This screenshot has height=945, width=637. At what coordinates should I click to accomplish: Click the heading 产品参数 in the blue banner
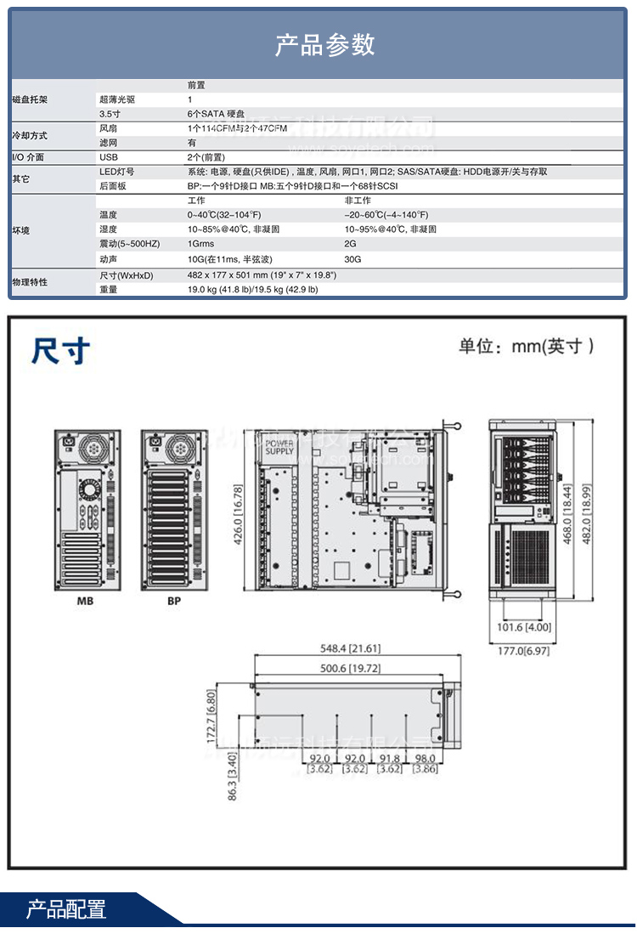click(x=324, y=44)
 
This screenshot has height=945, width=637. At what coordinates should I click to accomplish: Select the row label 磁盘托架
click(x=30, y=100)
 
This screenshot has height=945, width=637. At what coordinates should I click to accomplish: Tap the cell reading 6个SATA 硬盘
click(x=216, y=114)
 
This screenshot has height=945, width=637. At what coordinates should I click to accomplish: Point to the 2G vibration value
click(x=350, y=244)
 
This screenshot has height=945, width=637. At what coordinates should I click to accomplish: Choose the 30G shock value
click(x=352, y=259)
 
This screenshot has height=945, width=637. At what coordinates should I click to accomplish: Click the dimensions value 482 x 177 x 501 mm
click(x=262, y=274)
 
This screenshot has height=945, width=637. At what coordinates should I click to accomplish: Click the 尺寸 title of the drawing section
click(x=60, y=350)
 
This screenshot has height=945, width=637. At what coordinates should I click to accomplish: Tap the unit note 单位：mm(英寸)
click(x=526, y=346)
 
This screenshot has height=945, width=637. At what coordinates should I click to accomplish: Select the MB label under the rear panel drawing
click(x=85, y=602)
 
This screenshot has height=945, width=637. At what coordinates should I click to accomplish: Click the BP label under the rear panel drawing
click(x=173, y=602)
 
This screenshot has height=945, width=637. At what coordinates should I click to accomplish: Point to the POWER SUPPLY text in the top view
click(x=279, y=447)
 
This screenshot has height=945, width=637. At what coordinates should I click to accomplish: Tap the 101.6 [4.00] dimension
click(x=527, y=628)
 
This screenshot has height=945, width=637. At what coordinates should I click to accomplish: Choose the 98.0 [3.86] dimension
click(x=425, y=764)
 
